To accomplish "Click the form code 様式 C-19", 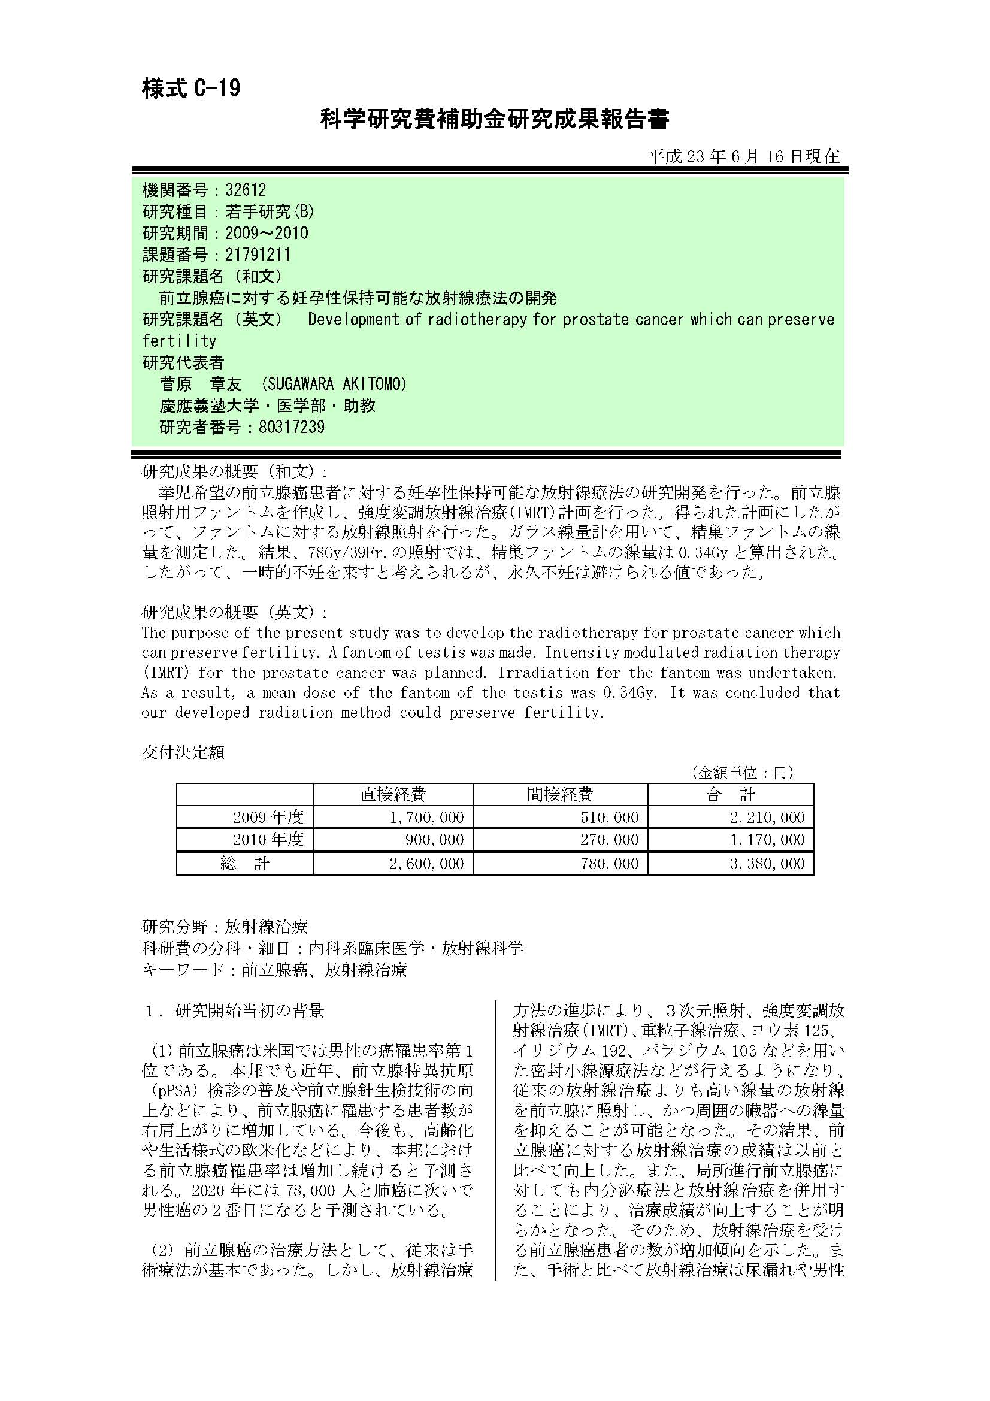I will pyautogui.click(x=191, y=89).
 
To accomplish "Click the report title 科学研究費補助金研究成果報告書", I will pyautogui.click(x=495, y=119).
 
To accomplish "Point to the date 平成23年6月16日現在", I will pyautogui.click(x=744, y=156).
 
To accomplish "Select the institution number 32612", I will pyautogui.click(x=245, y=190).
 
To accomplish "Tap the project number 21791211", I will pyautogui.click(x=258, y=255).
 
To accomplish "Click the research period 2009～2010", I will pyautogui.click(x=267, y=233).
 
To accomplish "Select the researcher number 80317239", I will pyautogui.click(x=291, y=427).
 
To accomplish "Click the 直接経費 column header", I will pyautogui.click(x=393, y=794).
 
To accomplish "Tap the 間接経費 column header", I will pyautogui.click(x=559, y=794).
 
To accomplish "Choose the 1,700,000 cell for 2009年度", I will pyautogui.click(x=426, y=817).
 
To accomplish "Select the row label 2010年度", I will pyautogui.click(x=268, y=840).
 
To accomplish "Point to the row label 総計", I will pyautogui.click(x=244, y=864).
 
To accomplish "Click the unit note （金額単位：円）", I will pyautogui.click(x=741, y=773).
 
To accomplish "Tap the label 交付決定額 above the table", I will pyautogui.click(x=183, y=752).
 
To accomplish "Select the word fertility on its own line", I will pyautogui.click(x=179, y=340).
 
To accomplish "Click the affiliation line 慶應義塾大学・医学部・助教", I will pyautogui.click(x=267, y=406).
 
